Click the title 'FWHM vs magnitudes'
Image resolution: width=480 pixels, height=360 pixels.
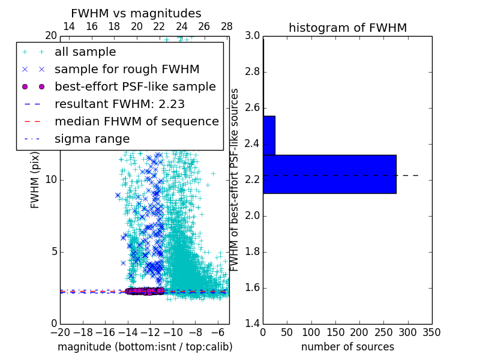point(136,13)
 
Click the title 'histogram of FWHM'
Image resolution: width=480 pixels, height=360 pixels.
point(347,28)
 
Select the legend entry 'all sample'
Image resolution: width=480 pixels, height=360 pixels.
point(85,52)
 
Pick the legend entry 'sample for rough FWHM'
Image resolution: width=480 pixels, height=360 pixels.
point(127,70)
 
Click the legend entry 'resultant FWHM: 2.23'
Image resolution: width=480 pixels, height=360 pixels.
point(119,104)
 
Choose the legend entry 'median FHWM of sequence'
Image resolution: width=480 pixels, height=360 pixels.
point(136,121)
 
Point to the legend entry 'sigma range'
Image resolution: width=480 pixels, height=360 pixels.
point(92,139)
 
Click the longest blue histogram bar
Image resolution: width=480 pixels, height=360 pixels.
point(329,174)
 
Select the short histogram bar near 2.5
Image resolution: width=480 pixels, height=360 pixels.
point(269,135)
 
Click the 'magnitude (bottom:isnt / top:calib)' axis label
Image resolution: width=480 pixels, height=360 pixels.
point(145,347)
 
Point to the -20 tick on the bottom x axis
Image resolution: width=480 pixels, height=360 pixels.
point(60,332)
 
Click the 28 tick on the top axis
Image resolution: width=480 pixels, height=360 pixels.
point(227,26)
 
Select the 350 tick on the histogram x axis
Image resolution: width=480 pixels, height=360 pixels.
point(432,332)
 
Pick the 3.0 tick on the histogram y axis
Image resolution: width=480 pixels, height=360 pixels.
point(252,36)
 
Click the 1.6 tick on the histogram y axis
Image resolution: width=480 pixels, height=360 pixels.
point(252,288)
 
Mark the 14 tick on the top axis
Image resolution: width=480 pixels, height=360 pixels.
point(69,26)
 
